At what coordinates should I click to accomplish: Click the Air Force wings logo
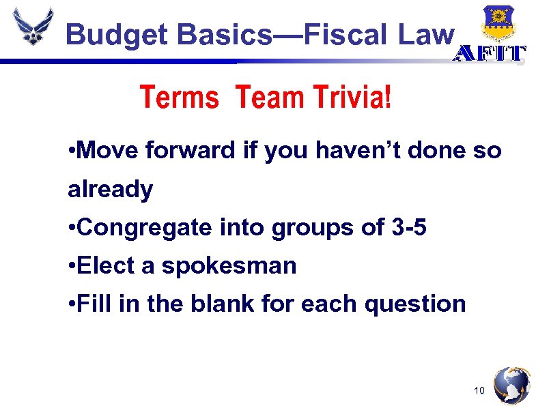[x=32, y=27]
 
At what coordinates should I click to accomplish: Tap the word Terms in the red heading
[x=179, y=98]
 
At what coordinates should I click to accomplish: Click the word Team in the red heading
[x=268, y=98]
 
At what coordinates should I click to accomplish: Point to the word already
[x=110, y=190]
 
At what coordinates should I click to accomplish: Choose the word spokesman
[x=229, y=266]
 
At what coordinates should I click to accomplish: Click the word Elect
[x=107, y=266]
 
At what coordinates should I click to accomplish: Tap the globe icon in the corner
[x=511, y=386]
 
